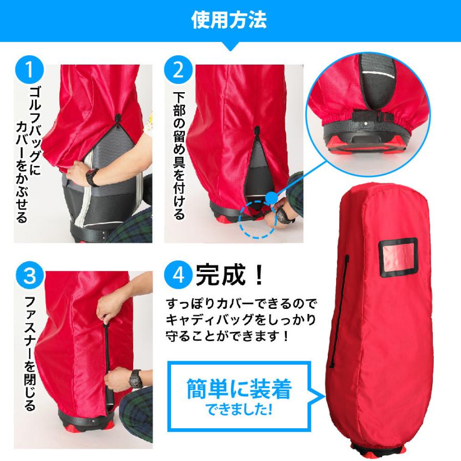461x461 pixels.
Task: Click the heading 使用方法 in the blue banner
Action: [229, 20]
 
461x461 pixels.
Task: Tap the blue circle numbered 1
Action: [29, 70]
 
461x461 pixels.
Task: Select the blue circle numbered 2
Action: [178, 70]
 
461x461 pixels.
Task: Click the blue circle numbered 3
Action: [30, 276]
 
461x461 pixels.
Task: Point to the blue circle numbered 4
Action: [178, 276]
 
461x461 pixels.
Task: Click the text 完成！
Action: [230, 275]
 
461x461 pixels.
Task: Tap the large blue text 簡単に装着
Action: [239, 388]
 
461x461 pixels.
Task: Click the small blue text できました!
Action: [238, 410]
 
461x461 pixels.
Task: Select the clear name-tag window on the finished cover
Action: [399, 258]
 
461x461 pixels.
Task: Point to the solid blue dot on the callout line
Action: [272, 197]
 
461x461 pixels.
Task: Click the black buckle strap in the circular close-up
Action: [373, 116]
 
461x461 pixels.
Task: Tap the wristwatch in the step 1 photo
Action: [92, 177]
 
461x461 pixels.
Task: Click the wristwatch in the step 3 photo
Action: [136, 379]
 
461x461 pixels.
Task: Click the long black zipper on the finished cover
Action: [339, 311]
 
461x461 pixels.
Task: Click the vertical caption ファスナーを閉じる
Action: [30, 353]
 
